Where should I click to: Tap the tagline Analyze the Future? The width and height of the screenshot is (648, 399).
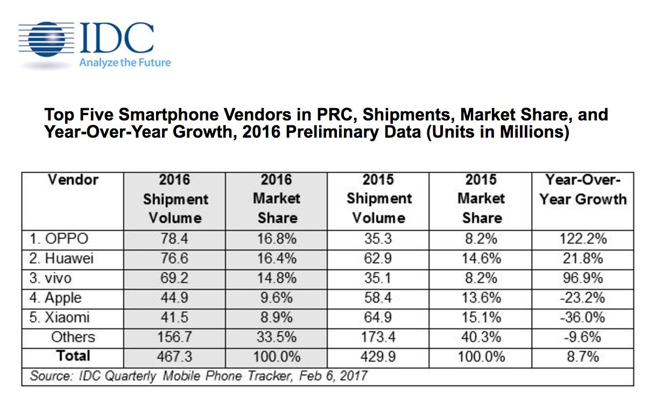(x=125, y=62)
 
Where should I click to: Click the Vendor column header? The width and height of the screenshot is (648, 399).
(x=73, y=180)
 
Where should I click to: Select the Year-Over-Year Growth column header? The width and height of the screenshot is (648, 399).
(x=583, y=189)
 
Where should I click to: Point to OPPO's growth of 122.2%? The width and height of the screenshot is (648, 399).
(x=583, y=239)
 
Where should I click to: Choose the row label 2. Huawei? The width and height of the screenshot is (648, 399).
(x=62, y=259)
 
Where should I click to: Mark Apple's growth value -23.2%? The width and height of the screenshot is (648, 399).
(x=583, y=298)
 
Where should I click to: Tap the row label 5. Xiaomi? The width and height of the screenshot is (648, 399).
(x=60, y=317)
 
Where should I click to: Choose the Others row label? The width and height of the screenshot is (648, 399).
(x=73, y=337)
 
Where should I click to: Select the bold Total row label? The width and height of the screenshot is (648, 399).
(x=73, y=356)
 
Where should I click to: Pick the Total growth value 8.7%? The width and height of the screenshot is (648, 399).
(x=583, y=357)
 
